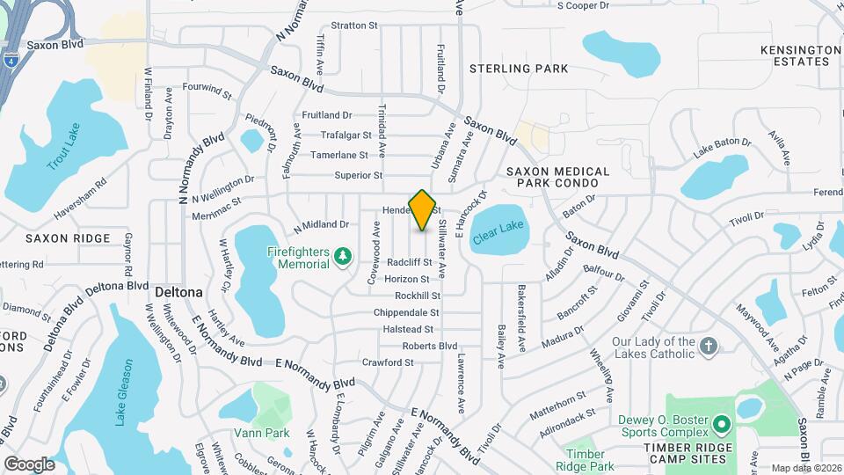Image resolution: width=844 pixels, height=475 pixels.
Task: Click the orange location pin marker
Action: [423, 209]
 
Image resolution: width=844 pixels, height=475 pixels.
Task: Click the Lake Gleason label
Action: [124, 391]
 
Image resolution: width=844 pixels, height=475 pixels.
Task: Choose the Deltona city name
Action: [178, 291]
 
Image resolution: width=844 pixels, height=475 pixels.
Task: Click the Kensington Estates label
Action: [800, 56]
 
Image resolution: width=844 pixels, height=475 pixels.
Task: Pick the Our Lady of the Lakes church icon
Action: [709, 347]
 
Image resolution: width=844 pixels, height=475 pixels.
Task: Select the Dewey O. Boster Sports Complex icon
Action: [721, 425]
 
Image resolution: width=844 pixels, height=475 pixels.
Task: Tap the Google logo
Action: [29, 464]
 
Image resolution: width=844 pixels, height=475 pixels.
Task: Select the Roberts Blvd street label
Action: [430, 346]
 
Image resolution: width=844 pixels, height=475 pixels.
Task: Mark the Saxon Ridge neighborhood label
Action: [68, 238]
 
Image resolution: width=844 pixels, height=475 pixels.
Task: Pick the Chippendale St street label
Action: [406, 312]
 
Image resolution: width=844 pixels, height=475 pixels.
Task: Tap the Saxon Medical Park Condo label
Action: [557, 177]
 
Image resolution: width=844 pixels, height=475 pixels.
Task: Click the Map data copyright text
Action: [805, 468]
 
